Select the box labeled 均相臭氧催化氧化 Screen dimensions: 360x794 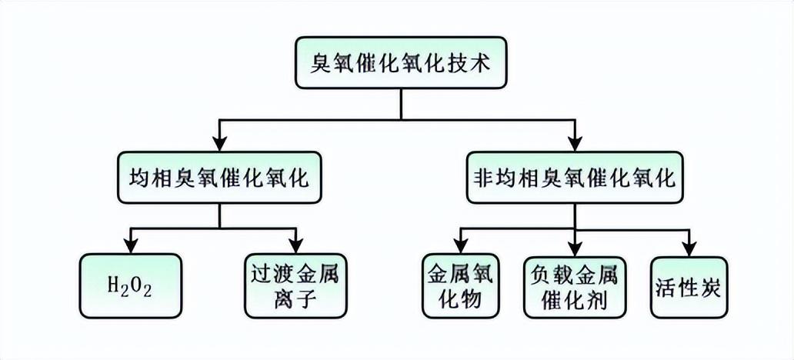tap(219, 179)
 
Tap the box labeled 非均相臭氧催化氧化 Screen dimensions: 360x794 tap(573, 179)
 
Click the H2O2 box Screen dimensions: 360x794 tap(131, 286)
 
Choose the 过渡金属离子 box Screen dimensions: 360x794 tap(295, 286)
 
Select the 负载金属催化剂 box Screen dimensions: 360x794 tap(575, 286)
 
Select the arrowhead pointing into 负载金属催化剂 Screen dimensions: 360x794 tap(575, 246)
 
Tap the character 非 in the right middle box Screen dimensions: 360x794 tap(482, 179)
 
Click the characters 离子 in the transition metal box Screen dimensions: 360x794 tap(295, 301)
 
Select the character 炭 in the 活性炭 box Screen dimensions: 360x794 tap(710, 286)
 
